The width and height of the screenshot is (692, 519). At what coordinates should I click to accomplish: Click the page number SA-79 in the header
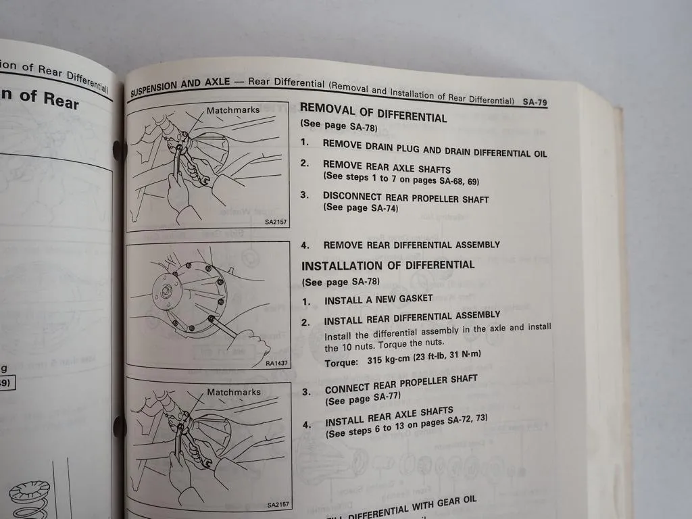pos(535,103)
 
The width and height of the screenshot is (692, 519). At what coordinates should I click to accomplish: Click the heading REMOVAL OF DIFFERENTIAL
pos(373,112)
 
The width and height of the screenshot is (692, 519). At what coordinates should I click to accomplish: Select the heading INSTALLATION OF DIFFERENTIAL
pos(388,265)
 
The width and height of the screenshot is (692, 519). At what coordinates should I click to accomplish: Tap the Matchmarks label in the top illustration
pos(233,110)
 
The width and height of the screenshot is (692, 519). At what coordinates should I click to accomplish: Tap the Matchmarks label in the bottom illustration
pos(234,392)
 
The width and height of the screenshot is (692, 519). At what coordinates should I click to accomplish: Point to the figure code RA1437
pos(276,364)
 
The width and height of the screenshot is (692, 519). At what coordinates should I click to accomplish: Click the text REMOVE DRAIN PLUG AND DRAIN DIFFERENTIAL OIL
pos(435,148)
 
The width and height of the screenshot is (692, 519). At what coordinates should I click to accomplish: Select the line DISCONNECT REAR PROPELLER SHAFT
pos(405,198)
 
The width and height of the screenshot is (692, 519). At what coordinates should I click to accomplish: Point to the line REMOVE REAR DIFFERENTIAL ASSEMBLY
pos(412,245)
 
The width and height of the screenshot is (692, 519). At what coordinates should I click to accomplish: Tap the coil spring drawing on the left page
pos(30,493)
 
